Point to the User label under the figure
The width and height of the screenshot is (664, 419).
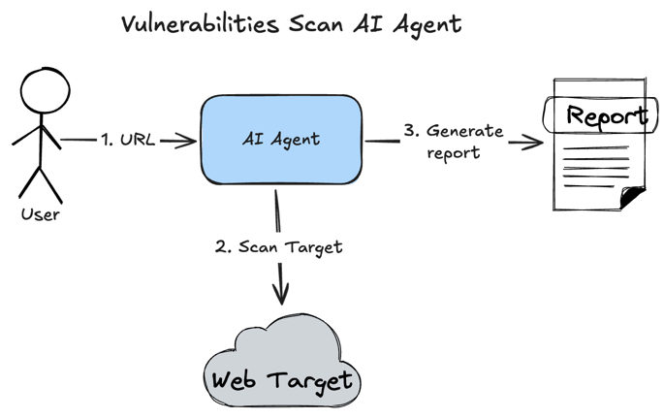point(41,215)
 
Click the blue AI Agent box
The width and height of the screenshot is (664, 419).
point(281,140)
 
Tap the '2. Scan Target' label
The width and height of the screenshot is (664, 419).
point(278,246)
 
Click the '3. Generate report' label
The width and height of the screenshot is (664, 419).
point(453,141)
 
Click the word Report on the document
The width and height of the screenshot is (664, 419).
point(606,116)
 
